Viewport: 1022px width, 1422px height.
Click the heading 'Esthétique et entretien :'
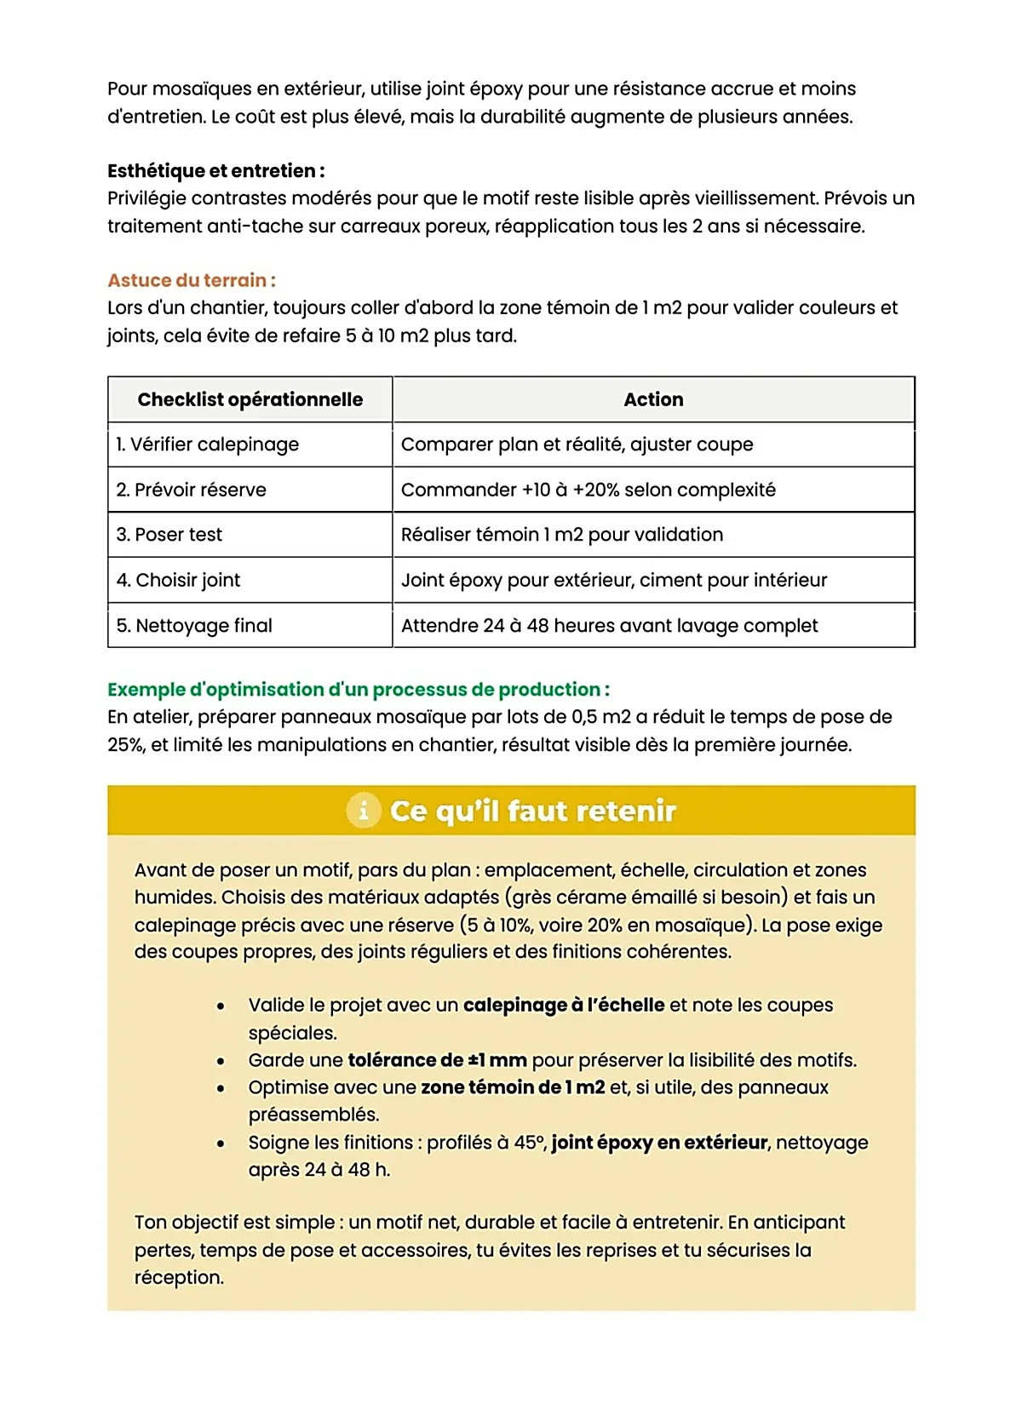point(215,170)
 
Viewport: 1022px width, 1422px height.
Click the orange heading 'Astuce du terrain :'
point(191,280)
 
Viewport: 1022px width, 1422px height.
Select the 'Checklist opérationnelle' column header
point(250,399)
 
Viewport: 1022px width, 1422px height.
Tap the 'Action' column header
point(653,399)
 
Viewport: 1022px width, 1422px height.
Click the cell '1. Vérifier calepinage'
point(208,444)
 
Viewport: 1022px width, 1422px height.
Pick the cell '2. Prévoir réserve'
point(192,490)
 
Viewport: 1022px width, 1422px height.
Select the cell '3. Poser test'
point(169,535)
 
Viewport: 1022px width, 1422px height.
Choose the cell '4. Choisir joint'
point(179,580)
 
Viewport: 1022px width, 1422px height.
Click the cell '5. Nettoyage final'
point(194,626)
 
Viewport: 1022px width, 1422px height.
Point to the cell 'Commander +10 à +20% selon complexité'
point(588,490)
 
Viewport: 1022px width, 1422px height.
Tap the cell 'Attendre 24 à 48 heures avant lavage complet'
point(609,626)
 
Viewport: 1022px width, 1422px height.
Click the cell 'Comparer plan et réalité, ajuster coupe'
point(577,444)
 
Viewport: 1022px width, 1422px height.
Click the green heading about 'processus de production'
point(358,689)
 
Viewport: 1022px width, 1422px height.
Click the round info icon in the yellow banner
point(364,811)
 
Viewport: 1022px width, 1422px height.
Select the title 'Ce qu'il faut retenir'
point(532,811)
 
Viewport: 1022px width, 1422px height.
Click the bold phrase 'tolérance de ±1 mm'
point(437,1060)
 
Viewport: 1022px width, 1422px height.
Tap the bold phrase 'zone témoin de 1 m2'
point(513,1087)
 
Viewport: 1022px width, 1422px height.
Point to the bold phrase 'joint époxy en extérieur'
point(659,1142)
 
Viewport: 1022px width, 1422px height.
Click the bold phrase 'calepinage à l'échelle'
point(563,1005)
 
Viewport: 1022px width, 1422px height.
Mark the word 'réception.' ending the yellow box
point(179,1277)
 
